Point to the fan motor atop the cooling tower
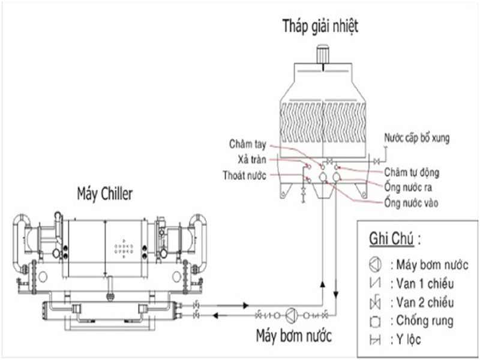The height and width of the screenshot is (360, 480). pyautogui.click(x=324, y=52)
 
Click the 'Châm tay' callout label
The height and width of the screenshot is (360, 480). pyautogui.click(x=248, y=144)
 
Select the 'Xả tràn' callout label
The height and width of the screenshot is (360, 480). pyautogui.click(x=251, y=160)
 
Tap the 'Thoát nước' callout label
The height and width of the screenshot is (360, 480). pyautogui.click(x=246, y=175)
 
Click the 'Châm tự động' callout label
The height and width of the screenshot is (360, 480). pyautogui.click(x=412, y=173)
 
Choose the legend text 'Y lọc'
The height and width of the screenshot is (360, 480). pyautogui.click(x=408, y=340)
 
